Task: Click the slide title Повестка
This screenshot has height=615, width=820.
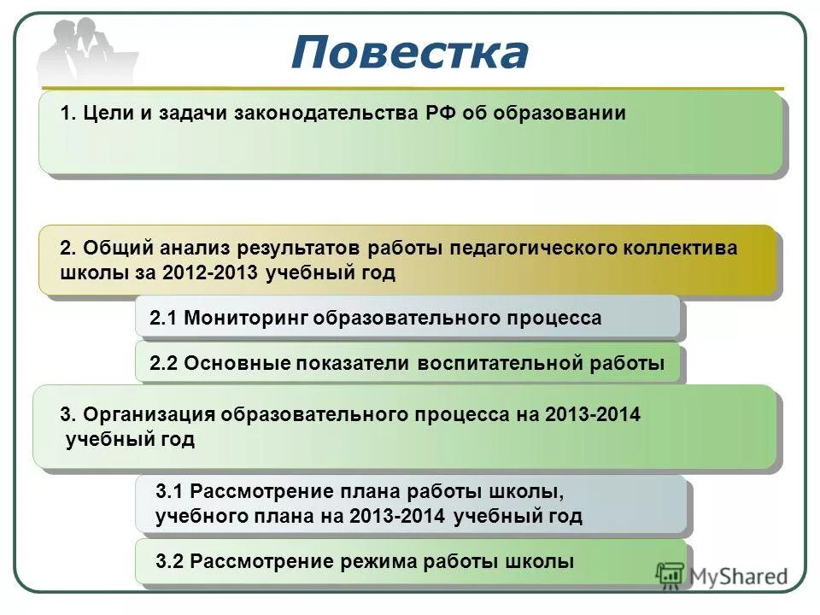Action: (x=409, y=53)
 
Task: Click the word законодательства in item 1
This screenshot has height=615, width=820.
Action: (x=325, y=114)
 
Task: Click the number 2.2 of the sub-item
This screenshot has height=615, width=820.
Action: (x=162, y=363)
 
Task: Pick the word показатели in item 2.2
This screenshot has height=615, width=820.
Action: (x=354, y=363)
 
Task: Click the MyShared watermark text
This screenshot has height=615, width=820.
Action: (x=739, y=577)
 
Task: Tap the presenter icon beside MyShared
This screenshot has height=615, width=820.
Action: (x=671, y=576)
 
